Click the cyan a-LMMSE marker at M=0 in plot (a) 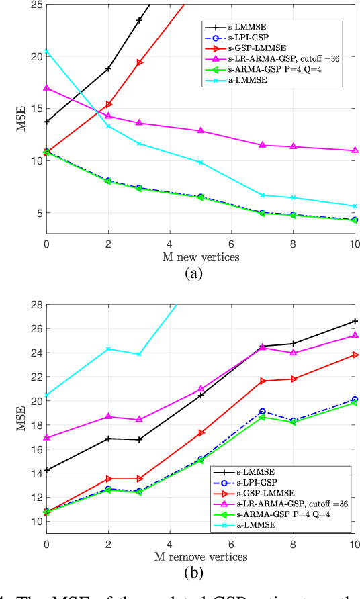47,52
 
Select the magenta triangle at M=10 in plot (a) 354,150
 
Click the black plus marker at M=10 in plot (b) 354,321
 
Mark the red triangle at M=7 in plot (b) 262,381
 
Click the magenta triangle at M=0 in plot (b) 47,438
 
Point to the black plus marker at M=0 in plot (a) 47,122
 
